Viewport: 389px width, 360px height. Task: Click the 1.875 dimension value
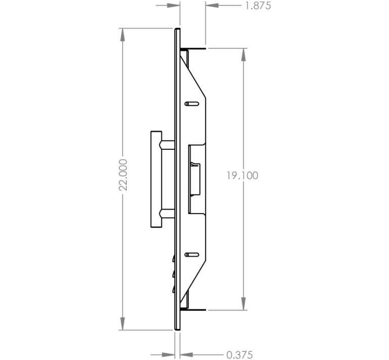pos(258,6)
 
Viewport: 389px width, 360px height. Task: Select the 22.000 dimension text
pos(123,175)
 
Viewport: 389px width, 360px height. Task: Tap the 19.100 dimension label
pos(242,176)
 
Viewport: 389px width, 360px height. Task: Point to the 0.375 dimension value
pos(240,355)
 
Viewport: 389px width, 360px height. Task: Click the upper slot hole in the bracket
pos(192,104)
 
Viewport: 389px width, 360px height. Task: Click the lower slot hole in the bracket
pos(192,255)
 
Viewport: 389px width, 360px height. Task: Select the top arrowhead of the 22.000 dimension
pos(122,35)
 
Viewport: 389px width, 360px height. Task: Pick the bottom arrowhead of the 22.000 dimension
pos(122,324)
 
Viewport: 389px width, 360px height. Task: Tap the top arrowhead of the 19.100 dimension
pos(243,55)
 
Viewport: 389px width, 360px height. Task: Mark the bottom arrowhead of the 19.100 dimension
pos(243,303)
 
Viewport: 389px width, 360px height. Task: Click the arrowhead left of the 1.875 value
pos(212,6)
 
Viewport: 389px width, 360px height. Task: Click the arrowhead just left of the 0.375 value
pos(186,355)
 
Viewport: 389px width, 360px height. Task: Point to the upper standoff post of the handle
pos(168,145)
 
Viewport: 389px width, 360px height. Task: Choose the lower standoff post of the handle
pos(168,213)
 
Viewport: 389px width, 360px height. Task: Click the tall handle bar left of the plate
pos(157,179)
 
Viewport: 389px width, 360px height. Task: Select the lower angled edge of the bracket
pos(193,283)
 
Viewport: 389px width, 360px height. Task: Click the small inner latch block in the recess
pos(196,179)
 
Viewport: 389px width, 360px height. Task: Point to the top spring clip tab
pos(193,48)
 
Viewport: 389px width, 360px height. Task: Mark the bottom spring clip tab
pos(193,310)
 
